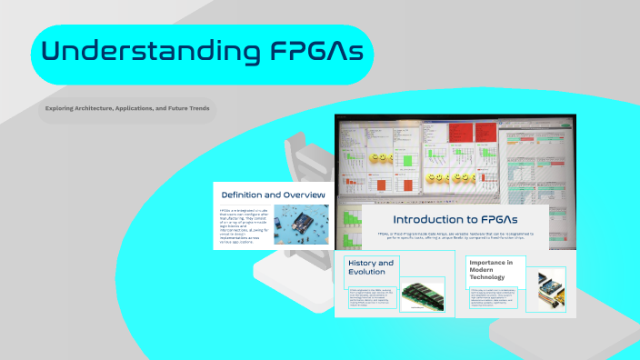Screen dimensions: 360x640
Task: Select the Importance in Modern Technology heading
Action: click(x=491, y=270)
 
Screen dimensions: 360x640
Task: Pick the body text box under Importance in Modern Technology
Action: click(x=492, y=297)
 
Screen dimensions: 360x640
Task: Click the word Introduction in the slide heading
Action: click(x=422, y=219)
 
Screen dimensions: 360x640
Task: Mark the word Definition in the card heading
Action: click(x=244, y=195)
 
